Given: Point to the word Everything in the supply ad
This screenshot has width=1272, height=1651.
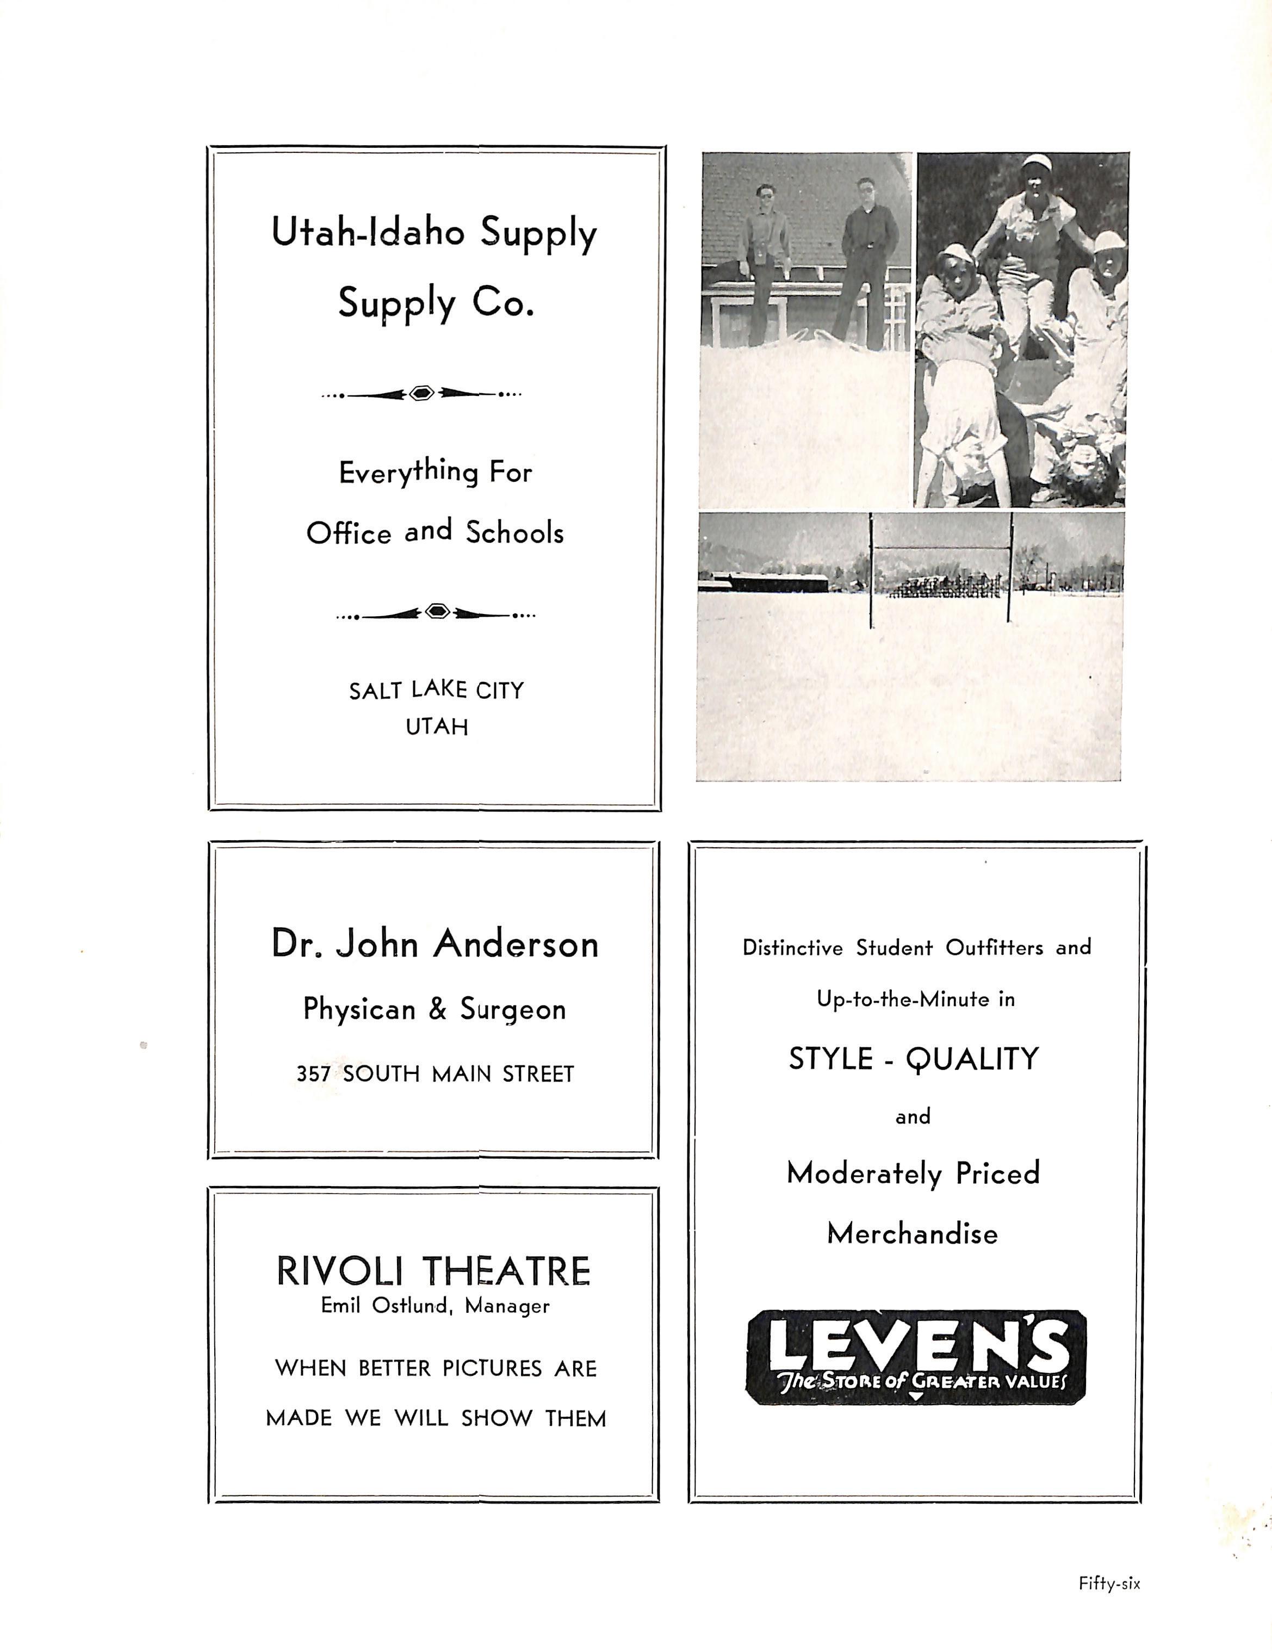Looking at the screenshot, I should pyautogui.click(x=408, y=473).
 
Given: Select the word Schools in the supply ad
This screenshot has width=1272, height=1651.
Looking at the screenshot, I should pyautogui.click(x=514, y=533).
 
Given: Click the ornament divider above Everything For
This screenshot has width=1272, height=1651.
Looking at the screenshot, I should pyautogui.click(x=421, y=393).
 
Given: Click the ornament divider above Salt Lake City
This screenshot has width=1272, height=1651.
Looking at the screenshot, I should pyautogui.click(x=436, y=612).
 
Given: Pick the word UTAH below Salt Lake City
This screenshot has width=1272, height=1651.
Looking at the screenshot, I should pyautogui.click(x=437, y=727).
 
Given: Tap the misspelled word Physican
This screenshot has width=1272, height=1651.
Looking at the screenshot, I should pyautogui.click(x=359, y=1009).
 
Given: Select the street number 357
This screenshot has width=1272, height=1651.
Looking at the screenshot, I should pyautogui.click(x=313, y=1074).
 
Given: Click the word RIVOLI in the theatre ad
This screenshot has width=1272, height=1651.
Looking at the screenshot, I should pyautogui.click(x=343, y=1271).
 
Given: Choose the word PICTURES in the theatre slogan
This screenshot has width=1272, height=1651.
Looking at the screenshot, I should pyautogui.click(x=492, y=1368).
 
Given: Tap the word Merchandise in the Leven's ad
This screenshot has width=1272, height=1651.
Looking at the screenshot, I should pyautogui.click(x=912, y=1234).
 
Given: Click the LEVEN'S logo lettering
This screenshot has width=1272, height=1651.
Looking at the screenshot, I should pyautogui.click(x=917, y=1351).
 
